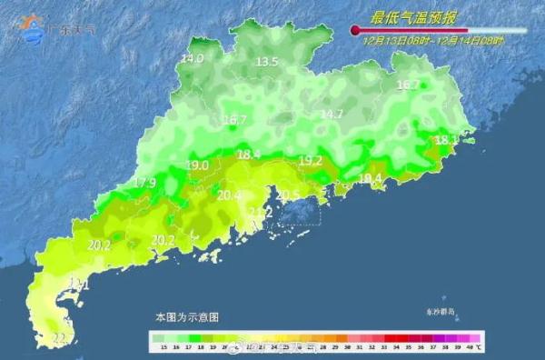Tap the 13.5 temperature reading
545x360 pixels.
point(266,62)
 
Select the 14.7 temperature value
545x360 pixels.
point(332,115)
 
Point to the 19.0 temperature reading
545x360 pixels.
point(197,165)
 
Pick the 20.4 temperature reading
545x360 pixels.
point(230,195)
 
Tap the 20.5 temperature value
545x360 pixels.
point(288,195)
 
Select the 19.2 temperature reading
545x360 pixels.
point(311,161)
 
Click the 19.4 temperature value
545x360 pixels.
point(371,178)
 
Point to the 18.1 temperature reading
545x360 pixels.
point(446,141)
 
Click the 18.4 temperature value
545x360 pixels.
point(249,155)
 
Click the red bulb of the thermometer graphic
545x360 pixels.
point(355,31)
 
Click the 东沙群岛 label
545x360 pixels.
point(443,311)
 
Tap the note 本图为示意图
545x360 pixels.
point(186,317)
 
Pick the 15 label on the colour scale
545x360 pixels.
point(162,347)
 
